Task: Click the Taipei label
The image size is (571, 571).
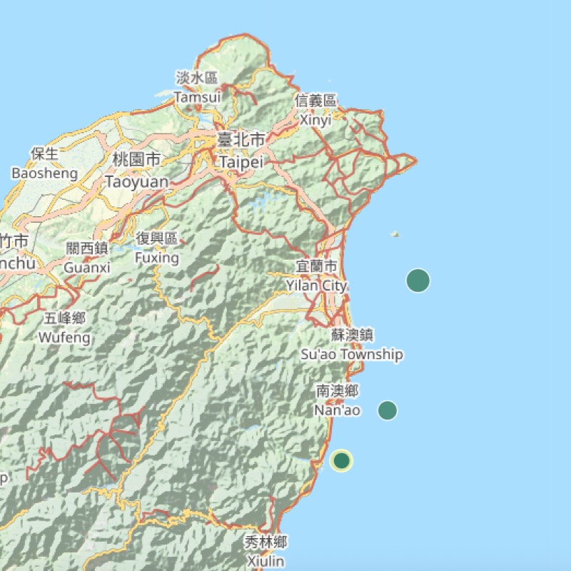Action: click(241, 163)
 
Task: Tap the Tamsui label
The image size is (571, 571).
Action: click(198, 96)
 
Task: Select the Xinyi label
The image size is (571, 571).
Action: click(315, 120)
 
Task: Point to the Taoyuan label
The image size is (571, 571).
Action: click(137, 182)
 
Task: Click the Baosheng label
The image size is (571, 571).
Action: click(44, 173)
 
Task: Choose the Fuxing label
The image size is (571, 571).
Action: click(157, 256)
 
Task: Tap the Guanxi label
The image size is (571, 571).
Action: click(87, 268)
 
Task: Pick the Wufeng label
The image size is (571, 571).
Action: click(65, 337)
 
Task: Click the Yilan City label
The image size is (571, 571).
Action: click(316, 285)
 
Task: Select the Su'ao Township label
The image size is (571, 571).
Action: click(352, 354)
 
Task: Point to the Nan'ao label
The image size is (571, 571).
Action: click(337, 410)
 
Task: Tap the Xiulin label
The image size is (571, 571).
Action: click(265, 561)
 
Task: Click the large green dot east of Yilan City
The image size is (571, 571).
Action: click(418, 281)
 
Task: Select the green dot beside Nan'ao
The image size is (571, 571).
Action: click(388, 410)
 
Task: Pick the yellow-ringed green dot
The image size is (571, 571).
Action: click(342, 460)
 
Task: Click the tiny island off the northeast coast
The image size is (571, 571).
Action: click(396, 233)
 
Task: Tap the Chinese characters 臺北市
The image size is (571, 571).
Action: click(241, 140)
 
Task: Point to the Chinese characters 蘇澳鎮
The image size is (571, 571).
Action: click(352, 335)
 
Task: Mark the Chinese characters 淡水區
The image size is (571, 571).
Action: click(198, 77)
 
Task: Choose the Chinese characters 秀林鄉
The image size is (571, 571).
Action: click(265, 542)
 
